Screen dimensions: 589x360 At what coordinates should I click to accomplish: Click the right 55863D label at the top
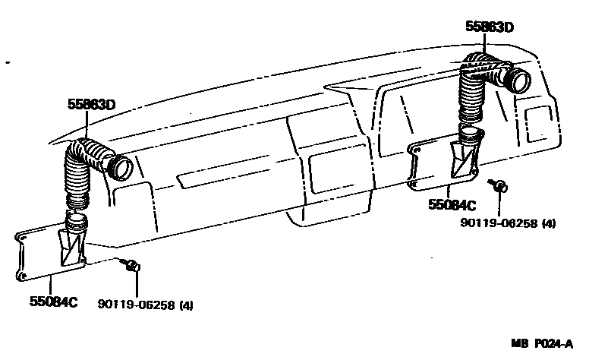pos(490,27)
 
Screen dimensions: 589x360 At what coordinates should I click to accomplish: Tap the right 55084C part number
pos(452,205)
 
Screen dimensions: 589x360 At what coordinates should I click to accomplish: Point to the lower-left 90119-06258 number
pos(137,305)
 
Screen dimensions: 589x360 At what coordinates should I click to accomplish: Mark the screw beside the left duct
pos(132,265)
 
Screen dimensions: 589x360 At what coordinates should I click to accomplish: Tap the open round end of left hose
pos(121,166)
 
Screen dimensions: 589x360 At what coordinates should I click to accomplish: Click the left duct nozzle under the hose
pos(75,243)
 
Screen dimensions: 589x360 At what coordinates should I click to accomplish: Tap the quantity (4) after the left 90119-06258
pos(187,305)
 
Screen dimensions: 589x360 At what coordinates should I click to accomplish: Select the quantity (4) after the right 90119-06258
pos(549,223)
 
